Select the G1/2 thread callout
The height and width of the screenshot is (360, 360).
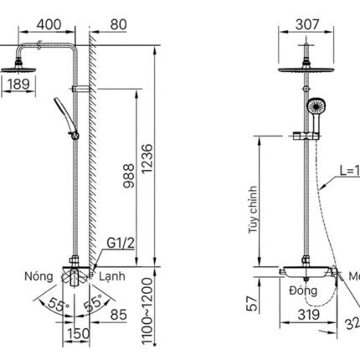tap(120, 244)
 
